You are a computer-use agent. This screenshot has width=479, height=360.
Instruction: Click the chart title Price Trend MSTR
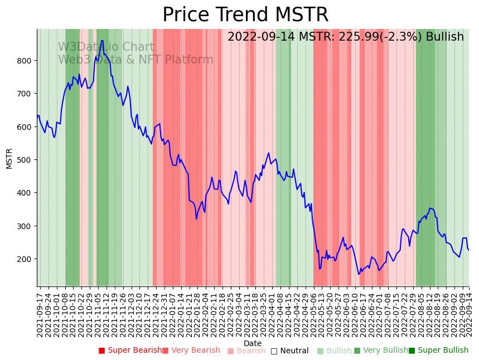tap(245, 15)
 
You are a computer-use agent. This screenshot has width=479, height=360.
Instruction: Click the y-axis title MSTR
tap(9, 158)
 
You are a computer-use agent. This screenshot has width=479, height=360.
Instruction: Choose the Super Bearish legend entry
tap(130, 351)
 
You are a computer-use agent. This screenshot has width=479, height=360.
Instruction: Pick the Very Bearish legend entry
tap(191, 351)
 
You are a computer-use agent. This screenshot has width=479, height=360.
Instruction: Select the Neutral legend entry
tap(290, 351)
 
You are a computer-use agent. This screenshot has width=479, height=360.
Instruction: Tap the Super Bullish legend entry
tap(439, 351)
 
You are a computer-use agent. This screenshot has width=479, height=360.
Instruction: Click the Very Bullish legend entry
tap(381, 351)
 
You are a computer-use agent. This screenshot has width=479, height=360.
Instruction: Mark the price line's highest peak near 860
tap(102, 40)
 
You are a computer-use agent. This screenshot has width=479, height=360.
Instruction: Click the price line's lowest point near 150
tap(359, 274)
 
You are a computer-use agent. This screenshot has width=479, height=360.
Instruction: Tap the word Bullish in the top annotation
tap(444, 37)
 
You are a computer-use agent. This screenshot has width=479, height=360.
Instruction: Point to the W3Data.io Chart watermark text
tap(106, 47)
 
